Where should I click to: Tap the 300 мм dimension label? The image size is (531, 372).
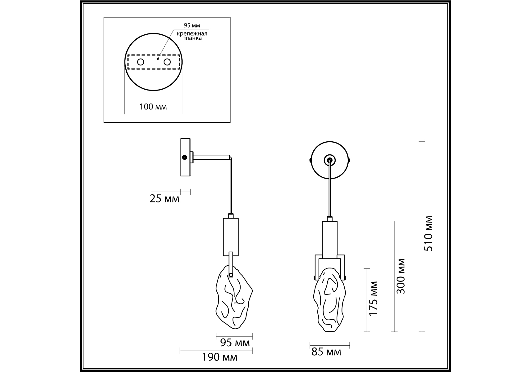coord(401,276)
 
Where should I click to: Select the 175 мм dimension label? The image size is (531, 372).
coord(374,298)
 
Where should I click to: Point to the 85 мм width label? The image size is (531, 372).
coord(326,352)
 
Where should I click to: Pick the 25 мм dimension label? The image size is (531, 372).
coord(164,199)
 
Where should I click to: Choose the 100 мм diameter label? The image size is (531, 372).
coord(153,107)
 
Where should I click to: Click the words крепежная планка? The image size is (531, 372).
coord(192,36)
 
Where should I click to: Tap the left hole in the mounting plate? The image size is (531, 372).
coord(141,62)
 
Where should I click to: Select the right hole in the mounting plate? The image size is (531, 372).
coord(167,62)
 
